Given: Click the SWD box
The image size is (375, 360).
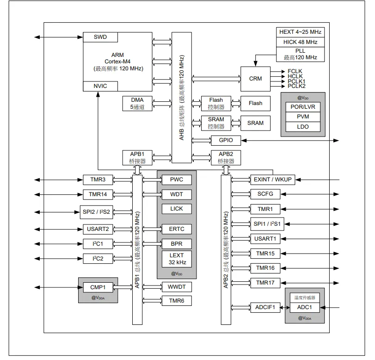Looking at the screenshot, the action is click(x=100, y=37).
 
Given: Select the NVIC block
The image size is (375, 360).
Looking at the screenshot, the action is click(x=100, y=86).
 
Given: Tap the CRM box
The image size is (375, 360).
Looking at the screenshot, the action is click(x=255, y=79).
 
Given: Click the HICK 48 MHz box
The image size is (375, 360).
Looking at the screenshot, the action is click(x=301, y=42).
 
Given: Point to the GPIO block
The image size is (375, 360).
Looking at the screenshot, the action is click(x=226, y=140).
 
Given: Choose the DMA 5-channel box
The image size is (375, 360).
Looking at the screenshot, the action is click(x=137, y=103).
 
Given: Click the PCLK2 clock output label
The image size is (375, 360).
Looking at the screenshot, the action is click(x=296, y=86).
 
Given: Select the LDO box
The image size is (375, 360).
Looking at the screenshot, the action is click(x=303, y=127).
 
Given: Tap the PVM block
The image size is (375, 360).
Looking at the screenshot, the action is click(x=303, y=117).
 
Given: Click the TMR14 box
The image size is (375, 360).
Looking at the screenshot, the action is click(x=98, y=194).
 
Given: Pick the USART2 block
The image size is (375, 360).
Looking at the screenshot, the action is click(x=98, y=229).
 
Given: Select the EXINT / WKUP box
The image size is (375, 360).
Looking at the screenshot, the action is click(x=273, y=180).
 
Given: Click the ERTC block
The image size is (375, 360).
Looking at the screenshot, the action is click(x=177, y=229).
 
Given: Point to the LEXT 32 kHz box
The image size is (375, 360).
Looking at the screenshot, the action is click(x=177, y=259).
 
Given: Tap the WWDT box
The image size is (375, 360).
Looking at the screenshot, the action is click(x=177, y=287).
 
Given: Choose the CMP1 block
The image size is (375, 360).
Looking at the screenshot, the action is click(x=98, y=287).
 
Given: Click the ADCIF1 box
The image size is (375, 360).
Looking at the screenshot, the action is click(x=265, y=307).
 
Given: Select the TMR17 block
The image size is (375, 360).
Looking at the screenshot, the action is click(x=265, y=283).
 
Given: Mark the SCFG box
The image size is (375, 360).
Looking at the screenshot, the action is click(x=265, y=194).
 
